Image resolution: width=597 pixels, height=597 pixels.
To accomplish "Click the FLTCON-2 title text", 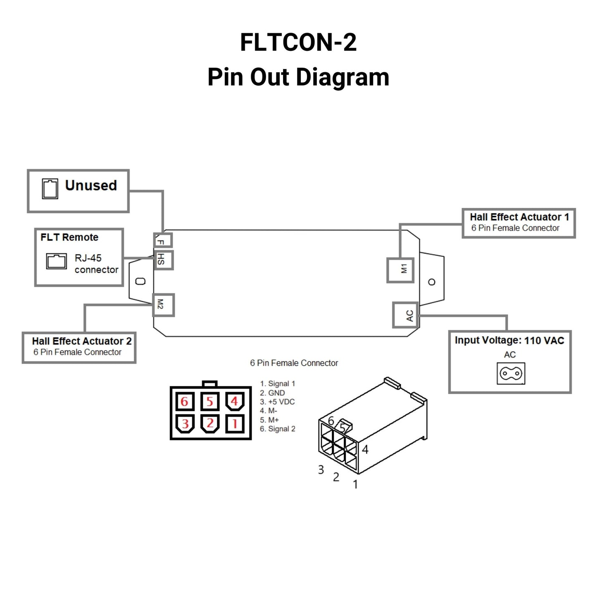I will coord(298,42).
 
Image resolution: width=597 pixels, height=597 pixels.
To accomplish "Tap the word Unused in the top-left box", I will coord(91,186).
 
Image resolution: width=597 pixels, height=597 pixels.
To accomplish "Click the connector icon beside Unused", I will coord(50,189).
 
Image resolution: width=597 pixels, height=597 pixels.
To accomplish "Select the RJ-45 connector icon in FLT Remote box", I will coord(56,261).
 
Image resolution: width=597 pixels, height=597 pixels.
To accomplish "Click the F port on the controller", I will coord(163,240).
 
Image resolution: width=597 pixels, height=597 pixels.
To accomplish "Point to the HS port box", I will coord(163,260).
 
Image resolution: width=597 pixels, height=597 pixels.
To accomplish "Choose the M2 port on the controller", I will coord(163,305).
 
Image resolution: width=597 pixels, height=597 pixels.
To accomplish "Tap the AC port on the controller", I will coord(405,315).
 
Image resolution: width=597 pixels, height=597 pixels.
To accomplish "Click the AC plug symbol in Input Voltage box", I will coord(511,373).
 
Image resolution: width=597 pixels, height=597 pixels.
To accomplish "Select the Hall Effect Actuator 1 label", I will coord(519,217).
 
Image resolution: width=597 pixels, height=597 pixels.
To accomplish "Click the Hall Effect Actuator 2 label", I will coord(81,341).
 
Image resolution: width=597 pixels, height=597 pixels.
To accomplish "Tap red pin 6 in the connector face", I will coord(185,401).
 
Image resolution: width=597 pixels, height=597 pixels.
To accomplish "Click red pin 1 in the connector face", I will coord(235,423).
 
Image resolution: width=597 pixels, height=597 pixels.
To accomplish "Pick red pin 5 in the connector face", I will coord(210,401).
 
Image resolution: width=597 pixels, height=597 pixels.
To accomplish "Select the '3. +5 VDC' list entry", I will coord(277,402).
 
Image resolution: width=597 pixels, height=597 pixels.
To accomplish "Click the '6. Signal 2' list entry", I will coord(277,429).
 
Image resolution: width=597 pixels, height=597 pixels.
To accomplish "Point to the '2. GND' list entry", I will coord(272,393).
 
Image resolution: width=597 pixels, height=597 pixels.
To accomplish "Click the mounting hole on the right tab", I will coord(432,282).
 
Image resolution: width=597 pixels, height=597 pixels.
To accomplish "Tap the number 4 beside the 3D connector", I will coord(365,449).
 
